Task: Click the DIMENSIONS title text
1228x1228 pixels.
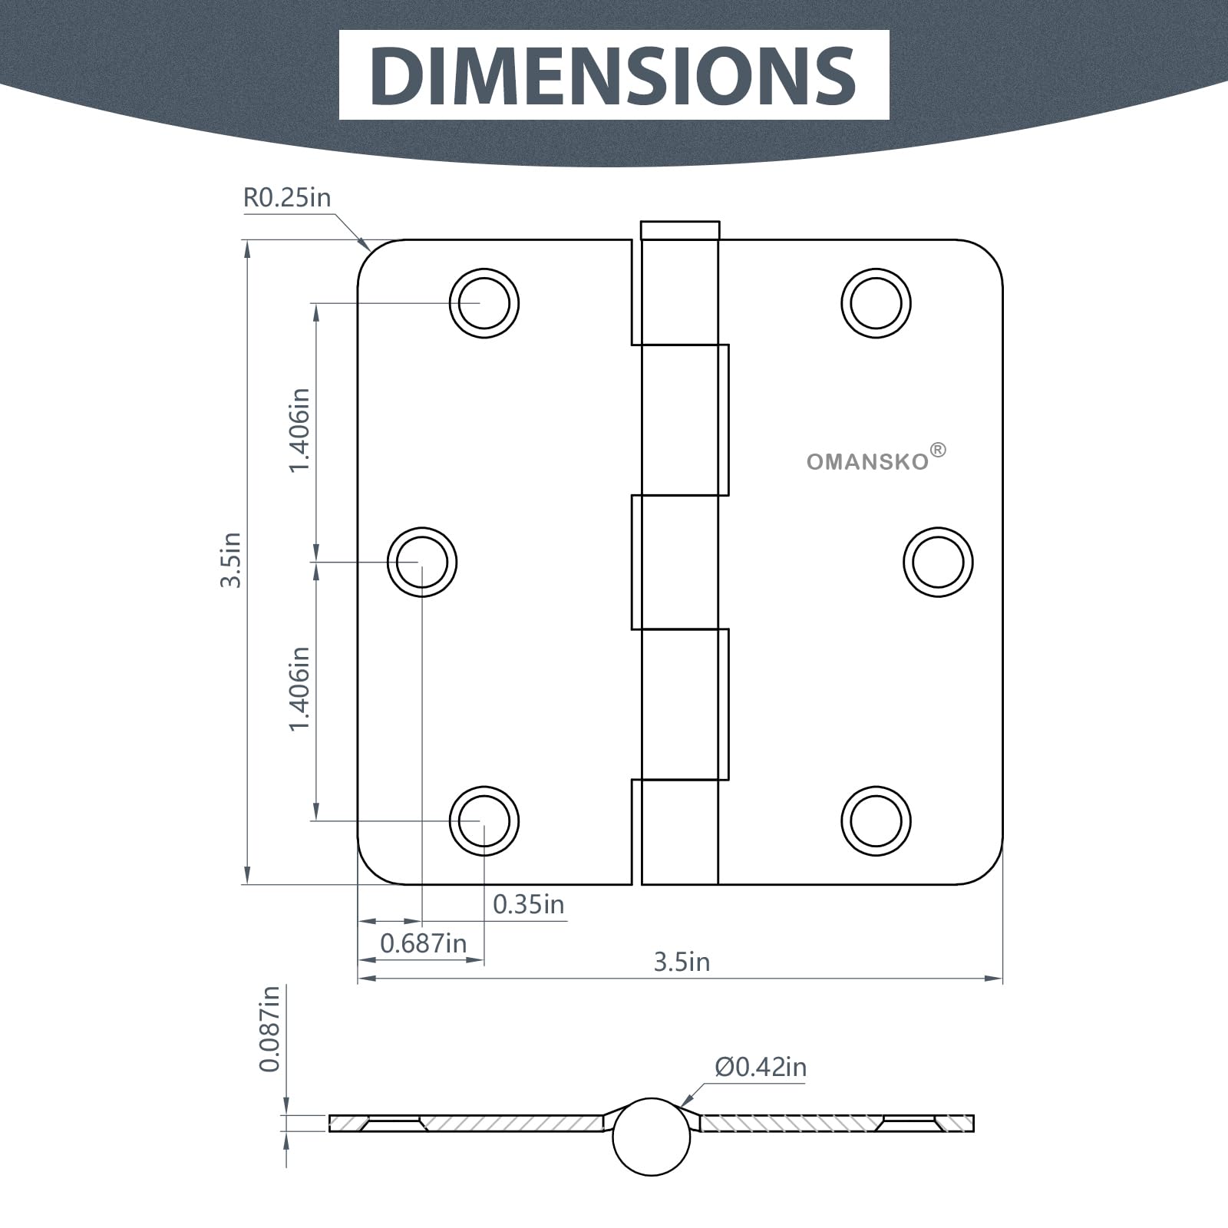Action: [614, 74]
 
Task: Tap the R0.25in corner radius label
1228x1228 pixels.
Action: [286, 198]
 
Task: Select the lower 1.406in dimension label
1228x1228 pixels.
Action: [299, 688]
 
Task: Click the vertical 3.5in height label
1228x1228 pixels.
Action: [231, 560]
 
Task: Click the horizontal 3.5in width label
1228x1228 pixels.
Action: [682, 962]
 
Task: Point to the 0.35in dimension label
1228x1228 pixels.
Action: [528, 904]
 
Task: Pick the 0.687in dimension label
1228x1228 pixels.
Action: [423, 942]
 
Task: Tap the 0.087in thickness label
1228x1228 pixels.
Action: [269, 1028]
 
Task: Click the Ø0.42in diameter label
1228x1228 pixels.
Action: [761, 1067]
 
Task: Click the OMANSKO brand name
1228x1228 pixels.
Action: [867, 462]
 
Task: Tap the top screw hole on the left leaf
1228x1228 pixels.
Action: [484, 303]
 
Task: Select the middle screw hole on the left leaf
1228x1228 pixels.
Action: [422, 562]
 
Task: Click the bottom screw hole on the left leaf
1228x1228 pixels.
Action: [484, 820]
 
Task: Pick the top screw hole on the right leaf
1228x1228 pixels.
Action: [876, 303]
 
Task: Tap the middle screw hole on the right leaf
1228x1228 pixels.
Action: [938, 562]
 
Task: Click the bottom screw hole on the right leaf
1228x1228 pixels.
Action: [876, 820]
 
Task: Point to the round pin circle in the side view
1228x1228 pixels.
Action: [652, 1137]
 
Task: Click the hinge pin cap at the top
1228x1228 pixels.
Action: [680, 230]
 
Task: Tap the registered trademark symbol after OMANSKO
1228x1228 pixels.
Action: [938, 451]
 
